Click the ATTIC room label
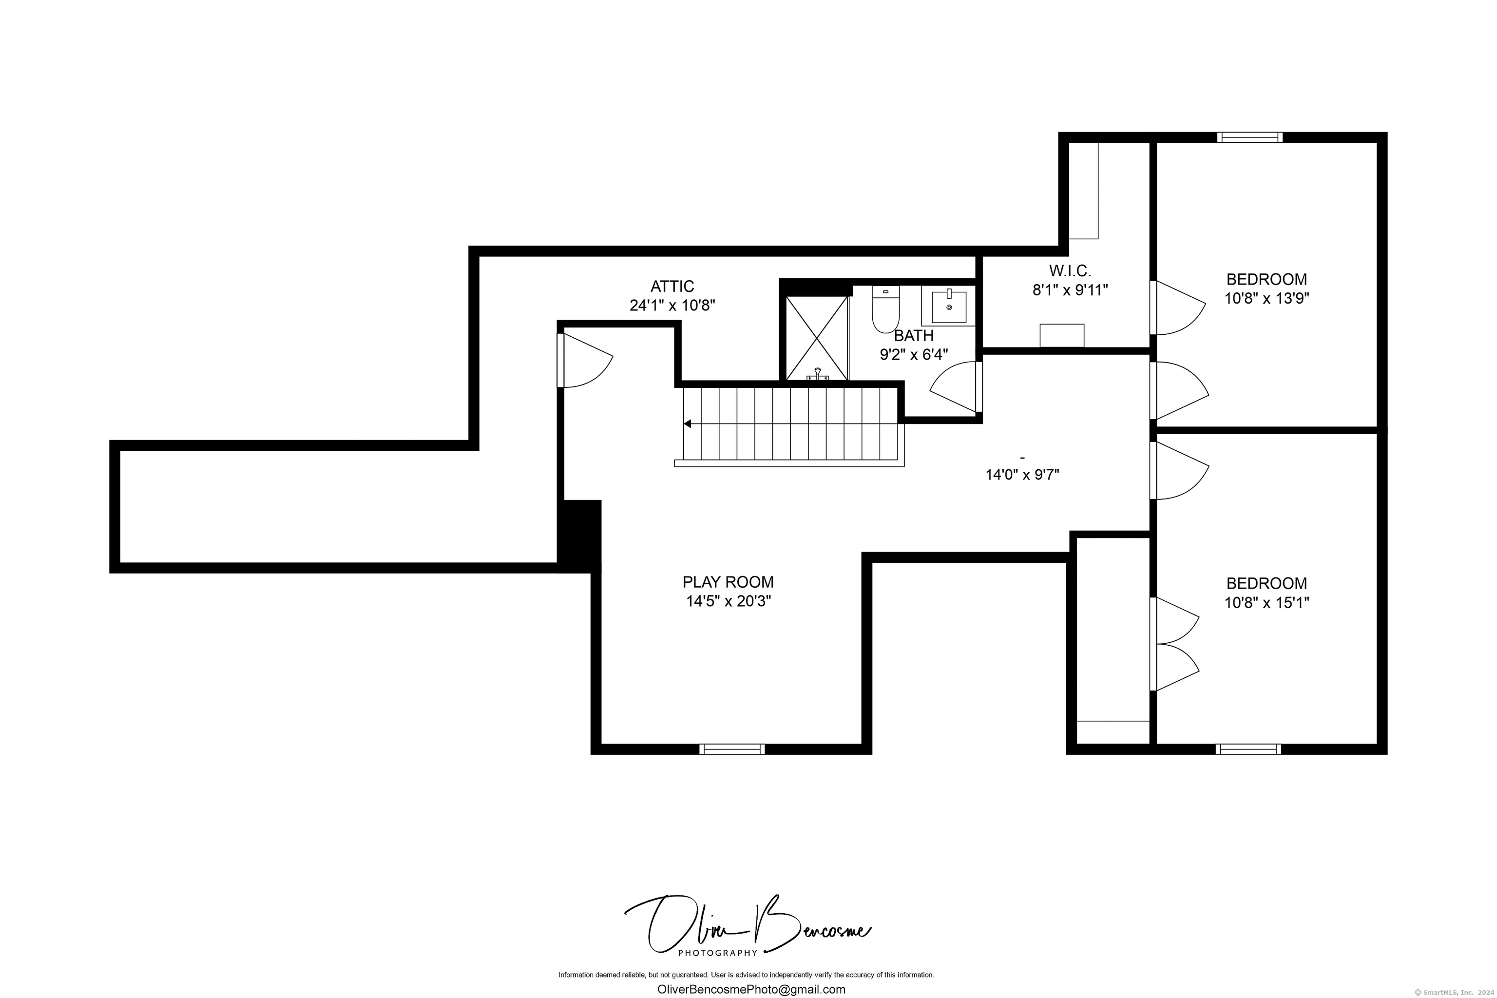(672, 287)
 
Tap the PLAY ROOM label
(728, 582)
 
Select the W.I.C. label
(1070, 271)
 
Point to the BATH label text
(914, 335)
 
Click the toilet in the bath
(885, 310)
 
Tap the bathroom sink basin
(949, 307)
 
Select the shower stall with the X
(817, 338)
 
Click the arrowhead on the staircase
(688, 423)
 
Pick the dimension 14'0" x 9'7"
(1022, 475)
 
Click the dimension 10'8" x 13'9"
(1267, 298)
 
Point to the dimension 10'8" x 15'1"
(1267, 602)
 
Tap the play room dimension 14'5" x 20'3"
(728, 601)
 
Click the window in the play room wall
(732, 749)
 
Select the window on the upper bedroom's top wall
(1250, 137)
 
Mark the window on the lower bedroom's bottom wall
(1248, 749)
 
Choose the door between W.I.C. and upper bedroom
(1177, 307)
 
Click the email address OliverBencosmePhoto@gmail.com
(751, 989)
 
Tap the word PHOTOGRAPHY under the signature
(717, 953)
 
